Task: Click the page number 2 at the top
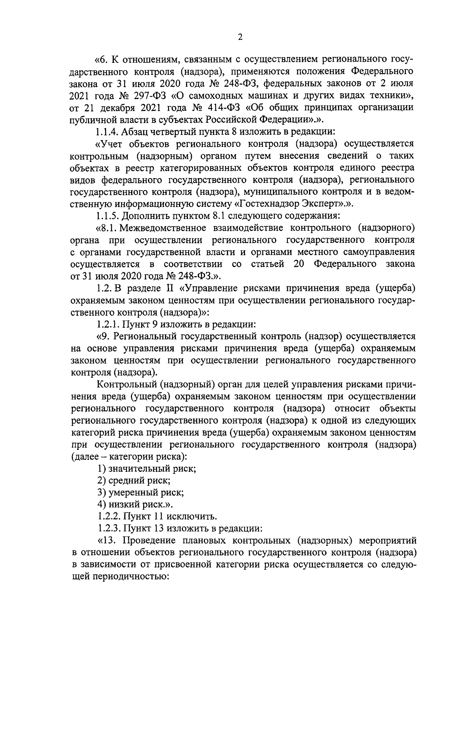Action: pyautogui.click(x=240, y=37)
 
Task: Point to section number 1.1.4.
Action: pyautogui.click(x=106, y=131)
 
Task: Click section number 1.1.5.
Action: pyautogui.click(x=106, y=215)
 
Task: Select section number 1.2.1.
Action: pyautogui.click(x=106, y=324)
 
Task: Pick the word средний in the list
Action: pyautogui.click(x=127, y=481)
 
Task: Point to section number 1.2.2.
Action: pyautogui.click(x=106, y=517)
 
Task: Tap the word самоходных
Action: pyautogui.click(x=216, y=95)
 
